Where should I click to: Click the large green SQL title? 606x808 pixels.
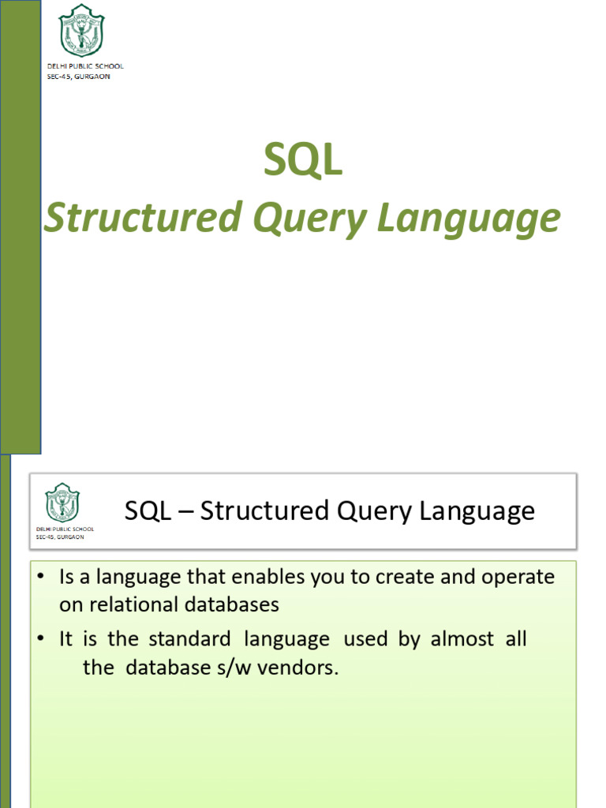coord(303,161)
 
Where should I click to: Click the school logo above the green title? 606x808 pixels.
coord(81,30)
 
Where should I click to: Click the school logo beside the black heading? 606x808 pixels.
coord(62,503)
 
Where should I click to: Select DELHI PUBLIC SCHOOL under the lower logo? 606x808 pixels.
coord(65,529)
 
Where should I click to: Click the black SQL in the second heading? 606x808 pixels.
coord(148,511)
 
